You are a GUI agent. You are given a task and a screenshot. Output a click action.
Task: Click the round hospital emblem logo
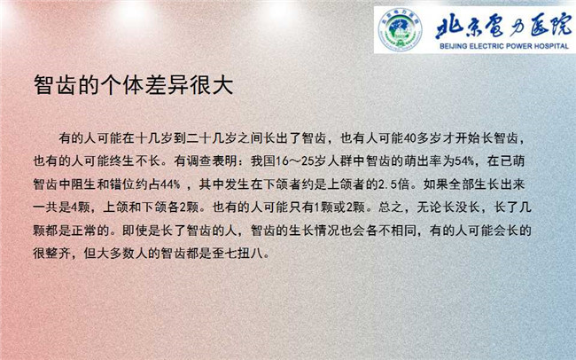[x=400, y=29]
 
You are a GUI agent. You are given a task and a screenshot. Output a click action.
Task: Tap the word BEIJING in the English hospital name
[x=452, y=46]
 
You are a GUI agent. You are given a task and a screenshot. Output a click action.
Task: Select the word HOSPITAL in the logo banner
[x=551, y=46]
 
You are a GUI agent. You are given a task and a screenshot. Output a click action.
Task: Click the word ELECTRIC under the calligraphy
[x=486, y=46]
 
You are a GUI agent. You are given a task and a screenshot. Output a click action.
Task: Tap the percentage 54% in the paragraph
[x=464, y=161]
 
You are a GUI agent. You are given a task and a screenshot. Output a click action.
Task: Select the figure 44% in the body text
[x=170, y=184]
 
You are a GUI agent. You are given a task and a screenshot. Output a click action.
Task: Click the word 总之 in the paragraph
[x=391, y=207]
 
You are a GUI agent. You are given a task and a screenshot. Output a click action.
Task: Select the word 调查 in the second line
[x=199, y=161]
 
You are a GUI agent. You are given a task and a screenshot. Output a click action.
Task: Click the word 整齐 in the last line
[x=58, y=253]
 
